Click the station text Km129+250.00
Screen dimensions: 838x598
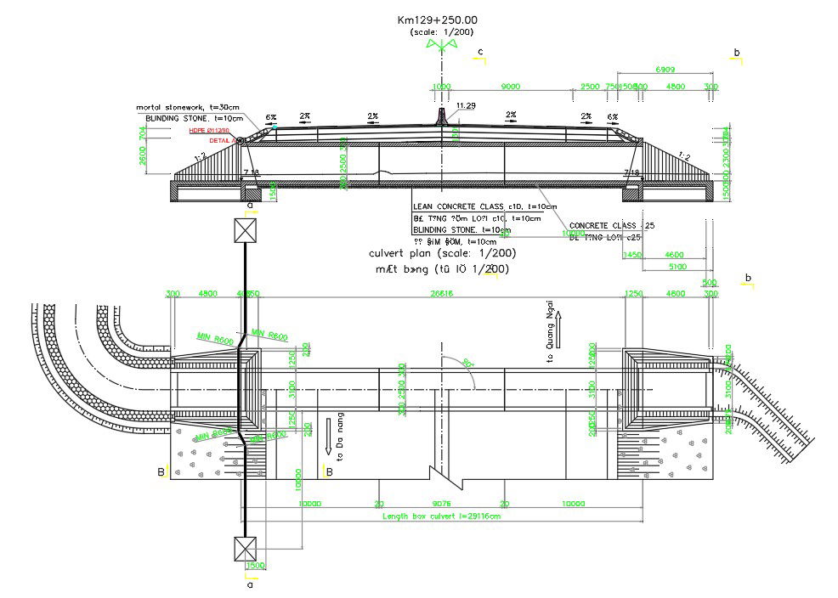pos(437,20)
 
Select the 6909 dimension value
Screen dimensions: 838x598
pos(665,70)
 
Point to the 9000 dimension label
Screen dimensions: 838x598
pos(510,87)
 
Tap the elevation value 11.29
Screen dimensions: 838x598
pos(466,105)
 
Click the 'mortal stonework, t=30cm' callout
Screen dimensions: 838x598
pos(188,107)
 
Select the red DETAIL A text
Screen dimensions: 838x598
pos(224,140)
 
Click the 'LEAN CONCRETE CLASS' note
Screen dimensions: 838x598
pos(484,206)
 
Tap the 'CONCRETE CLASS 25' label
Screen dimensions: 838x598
pos(617,225)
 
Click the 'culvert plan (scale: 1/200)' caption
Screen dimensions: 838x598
pos(442,253)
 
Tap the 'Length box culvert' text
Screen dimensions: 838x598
pos(441,516)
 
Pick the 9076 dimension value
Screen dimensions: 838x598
pos(441,503)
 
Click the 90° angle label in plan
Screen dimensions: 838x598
pos(466,363)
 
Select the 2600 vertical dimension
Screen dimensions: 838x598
pos(142,155)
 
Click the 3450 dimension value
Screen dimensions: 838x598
pos(631,254)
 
